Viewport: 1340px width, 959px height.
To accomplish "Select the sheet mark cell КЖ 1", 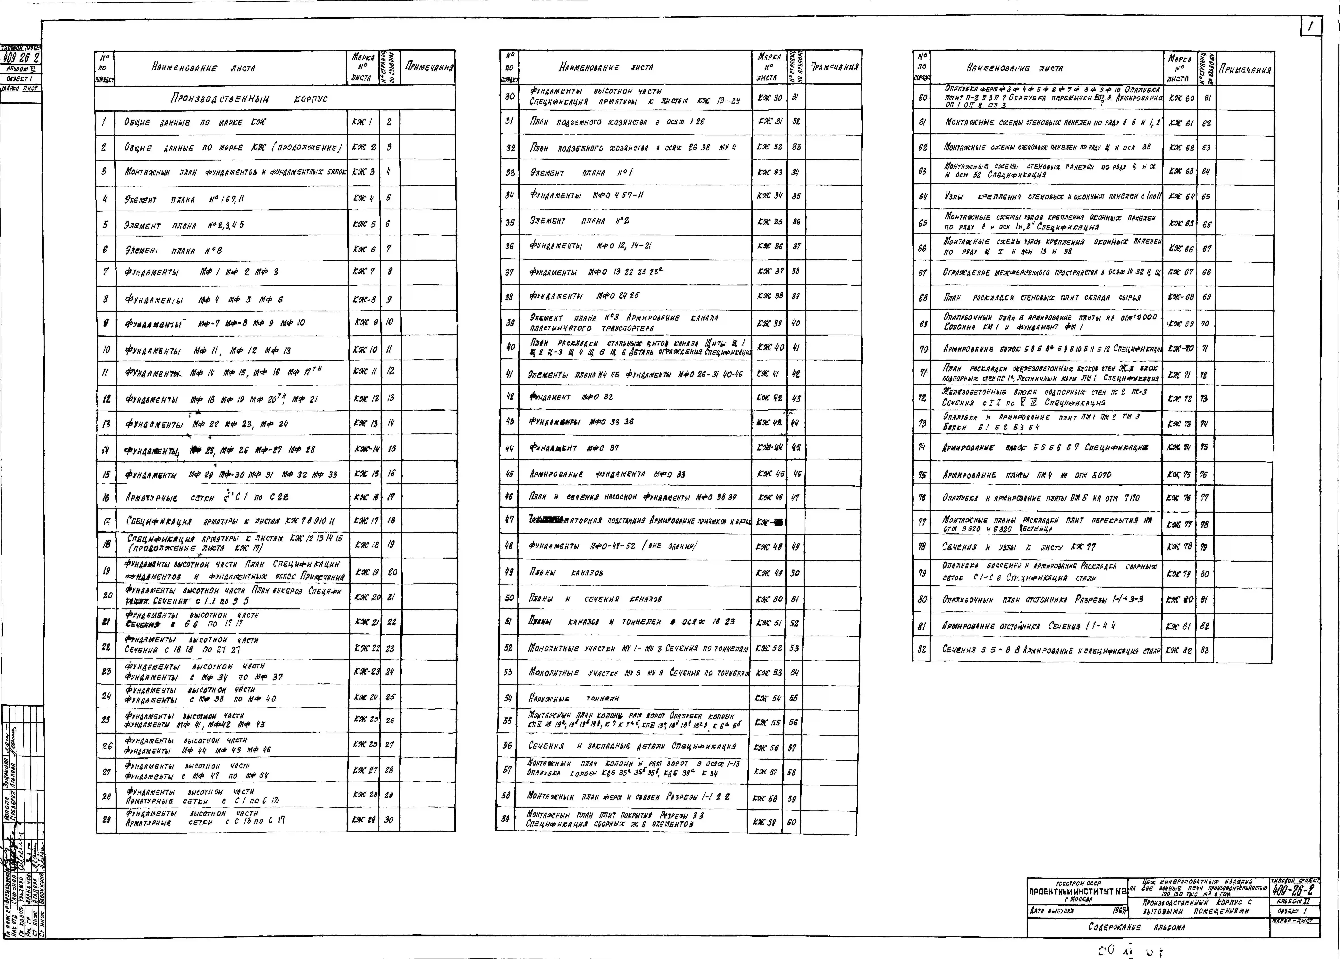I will click(x=362, y=122).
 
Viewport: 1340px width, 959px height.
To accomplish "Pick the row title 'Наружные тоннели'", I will click(x=574, y=698).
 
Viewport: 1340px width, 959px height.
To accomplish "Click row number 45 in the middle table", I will click(x=509, y=474).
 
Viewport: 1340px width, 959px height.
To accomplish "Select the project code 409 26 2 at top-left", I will click(x=21, y=58).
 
